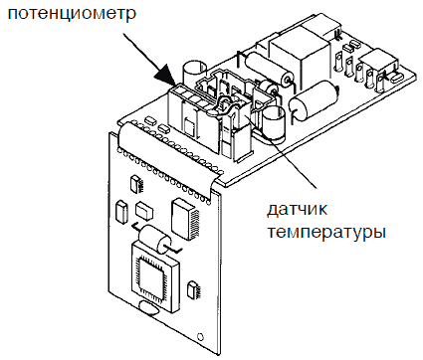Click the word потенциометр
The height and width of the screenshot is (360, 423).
(72, 15)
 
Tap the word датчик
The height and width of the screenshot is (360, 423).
(297, 210)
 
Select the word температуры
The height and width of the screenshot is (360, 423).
(326, 233)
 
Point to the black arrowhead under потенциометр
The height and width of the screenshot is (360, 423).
(166, 75)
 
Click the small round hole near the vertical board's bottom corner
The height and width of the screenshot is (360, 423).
(200, 335)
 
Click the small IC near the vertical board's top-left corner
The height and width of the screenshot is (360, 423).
(135, 184)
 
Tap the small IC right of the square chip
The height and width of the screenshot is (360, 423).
(193, 289)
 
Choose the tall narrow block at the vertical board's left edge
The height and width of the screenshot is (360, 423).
(121, 211)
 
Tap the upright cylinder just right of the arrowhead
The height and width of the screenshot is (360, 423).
(192, 75)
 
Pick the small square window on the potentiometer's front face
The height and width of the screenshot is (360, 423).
(189, 127)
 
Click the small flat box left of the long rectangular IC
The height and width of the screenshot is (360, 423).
(144, 211)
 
